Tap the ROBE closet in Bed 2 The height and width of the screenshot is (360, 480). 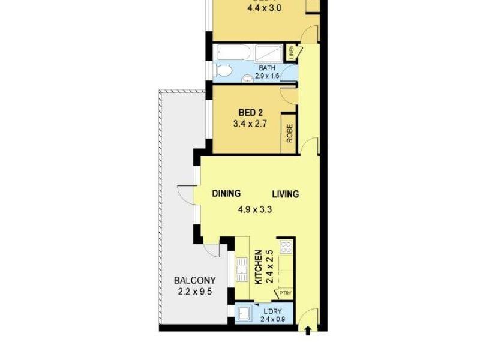(290, 132)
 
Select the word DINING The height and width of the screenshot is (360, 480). (226, 193)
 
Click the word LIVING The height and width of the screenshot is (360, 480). (285, 194)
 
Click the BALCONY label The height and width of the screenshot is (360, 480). (194, 281)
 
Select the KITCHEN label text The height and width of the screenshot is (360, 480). (259, 267)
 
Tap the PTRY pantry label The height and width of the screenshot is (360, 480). (285, 293)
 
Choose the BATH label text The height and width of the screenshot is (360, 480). (267, 68)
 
